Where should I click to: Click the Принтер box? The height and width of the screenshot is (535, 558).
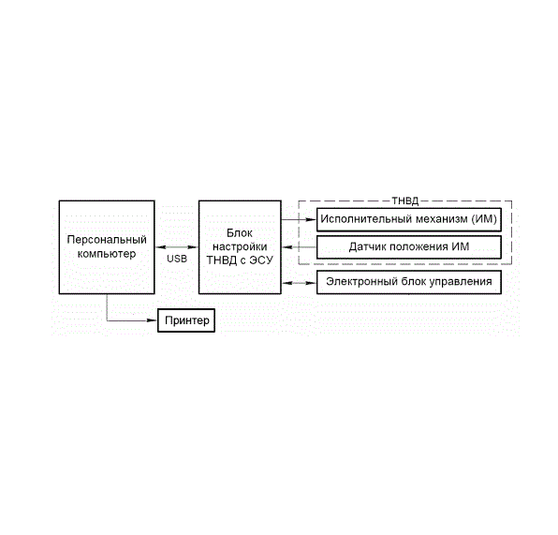(186, 320)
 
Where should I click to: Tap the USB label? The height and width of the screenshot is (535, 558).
(177, 259)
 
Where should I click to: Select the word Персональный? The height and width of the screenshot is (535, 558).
(107, 240)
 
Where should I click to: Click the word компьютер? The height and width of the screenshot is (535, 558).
(107, 254)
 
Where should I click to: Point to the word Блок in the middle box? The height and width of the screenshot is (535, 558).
(240, 233)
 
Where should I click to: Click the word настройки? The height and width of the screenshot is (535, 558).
(240, 246)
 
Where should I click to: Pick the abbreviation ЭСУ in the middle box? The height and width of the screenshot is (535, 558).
(261, 260)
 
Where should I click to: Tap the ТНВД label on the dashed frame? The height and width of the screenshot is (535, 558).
(405, 201)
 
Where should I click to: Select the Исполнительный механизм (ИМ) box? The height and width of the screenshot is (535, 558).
(409, 219)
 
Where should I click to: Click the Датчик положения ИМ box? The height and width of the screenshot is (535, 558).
(409, 246)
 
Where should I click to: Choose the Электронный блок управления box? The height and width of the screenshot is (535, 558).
(409, 282)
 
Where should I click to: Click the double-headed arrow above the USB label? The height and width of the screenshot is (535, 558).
(177, 246)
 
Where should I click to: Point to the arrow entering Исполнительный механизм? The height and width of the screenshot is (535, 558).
(299, 219)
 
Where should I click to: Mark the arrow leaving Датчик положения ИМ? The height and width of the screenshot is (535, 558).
(299, 246)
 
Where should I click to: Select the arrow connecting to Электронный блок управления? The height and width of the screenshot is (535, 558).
(299, 283)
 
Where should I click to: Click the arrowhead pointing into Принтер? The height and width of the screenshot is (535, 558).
(152, 320)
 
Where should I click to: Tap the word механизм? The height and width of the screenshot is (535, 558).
(442, 218)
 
